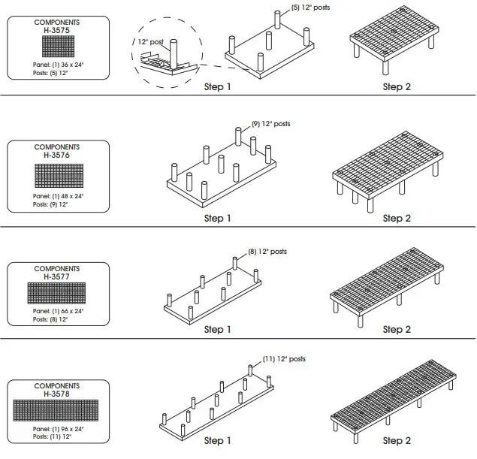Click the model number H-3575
pos(57,30)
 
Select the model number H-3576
pos(57,155)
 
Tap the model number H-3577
pos(57,276)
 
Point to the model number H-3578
pos(57,394)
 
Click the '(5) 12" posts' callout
pos(310,7)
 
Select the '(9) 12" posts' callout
pos(270,123)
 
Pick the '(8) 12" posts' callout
pos(267,252)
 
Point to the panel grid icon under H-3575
pos(57,47)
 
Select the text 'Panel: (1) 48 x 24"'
pos(59,196)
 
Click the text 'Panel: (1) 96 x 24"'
pos(59,429)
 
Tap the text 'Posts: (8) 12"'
pos(50,319)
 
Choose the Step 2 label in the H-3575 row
pos(397,87)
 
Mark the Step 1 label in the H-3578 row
pos(218,441)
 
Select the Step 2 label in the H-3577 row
pos(397,330)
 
